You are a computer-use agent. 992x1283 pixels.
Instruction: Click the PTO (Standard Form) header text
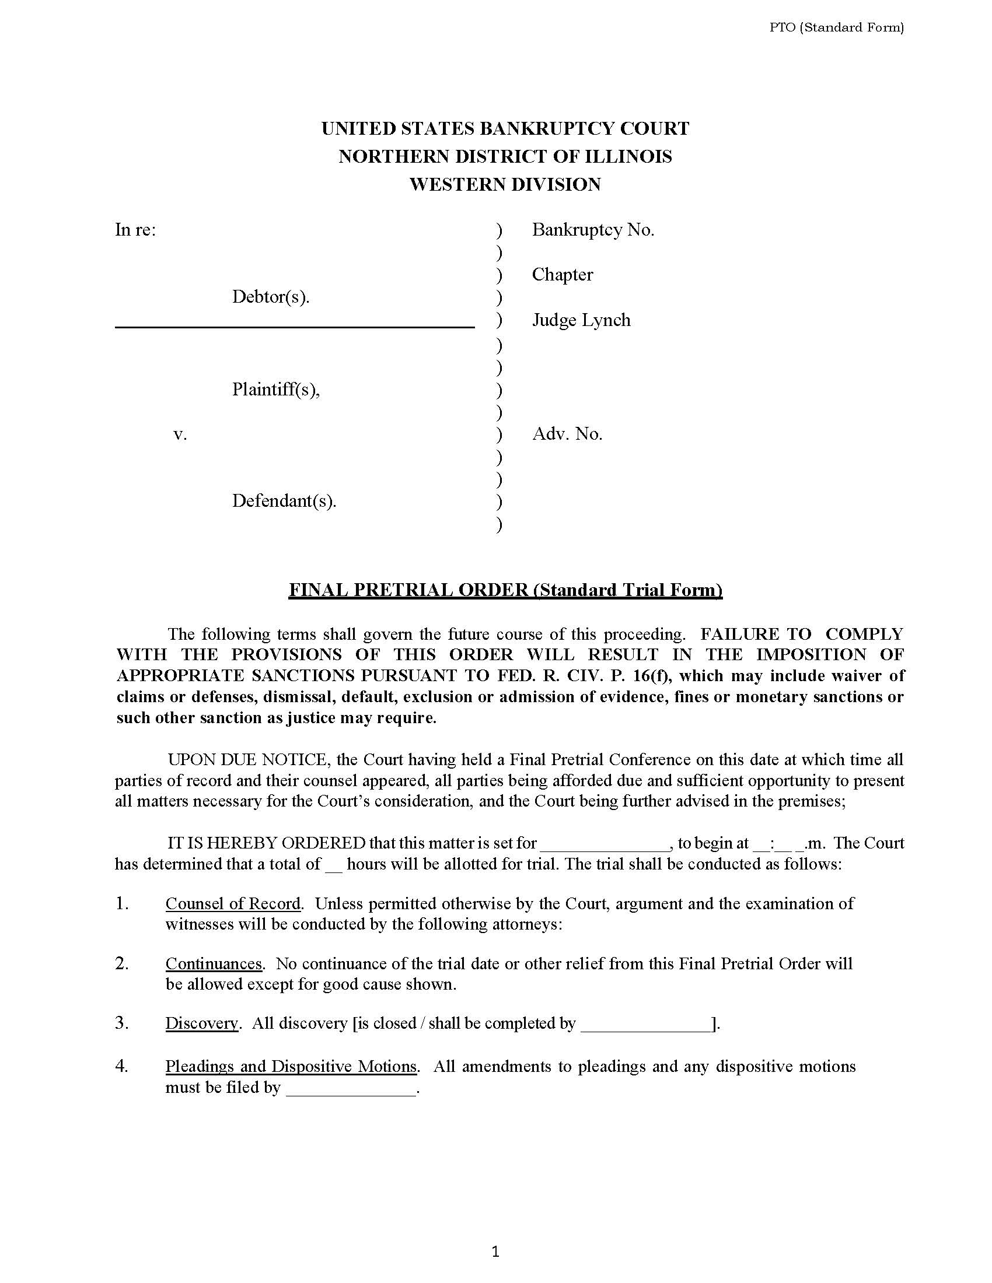(x=836, y=27)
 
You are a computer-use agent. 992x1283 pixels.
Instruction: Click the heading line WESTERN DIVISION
(x=505, y=184)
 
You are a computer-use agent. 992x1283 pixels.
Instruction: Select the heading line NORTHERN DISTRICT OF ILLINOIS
(x=505, y=156)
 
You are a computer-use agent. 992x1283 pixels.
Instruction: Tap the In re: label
(x=135, y=230)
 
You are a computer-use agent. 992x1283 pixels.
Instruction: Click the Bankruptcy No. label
(x=592, y=230)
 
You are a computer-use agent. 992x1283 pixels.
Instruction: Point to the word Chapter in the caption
(x=562, y=274)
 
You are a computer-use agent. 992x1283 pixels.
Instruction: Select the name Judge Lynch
(x=581, y=320)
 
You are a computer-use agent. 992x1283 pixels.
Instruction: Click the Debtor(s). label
(x=270, y=297)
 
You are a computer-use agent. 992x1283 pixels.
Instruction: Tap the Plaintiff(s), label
(x=275, y=389)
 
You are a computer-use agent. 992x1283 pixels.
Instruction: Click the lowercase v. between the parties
(x=180, y=434)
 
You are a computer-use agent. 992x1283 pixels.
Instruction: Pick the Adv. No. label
(x=567, y=434)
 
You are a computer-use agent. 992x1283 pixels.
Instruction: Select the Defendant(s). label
(x=284, y=500)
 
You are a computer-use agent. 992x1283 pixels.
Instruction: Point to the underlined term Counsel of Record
(x=233, y=903)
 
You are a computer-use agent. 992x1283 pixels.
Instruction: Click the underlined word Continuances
(x=214, y=963)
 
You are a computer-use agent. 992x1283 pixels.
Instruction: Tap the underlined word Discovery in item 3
(x=201, y=1023)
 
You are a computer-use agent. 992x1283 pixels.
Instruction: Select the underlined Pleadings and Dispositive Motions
(x=291, y=1066)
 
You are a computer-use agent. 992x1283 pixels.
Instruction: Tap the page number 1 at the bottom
(x=495, y=1252)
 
